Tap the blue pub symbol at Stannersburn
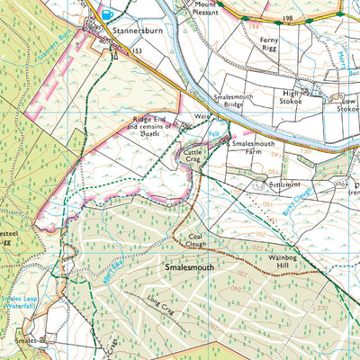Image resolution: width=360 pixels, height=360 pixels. click(109, 14)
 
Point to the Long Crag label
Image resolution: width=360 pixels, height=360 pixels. click(161, 310)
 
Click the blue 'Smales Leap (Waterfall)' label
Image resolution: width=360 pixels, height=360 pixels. click(16, 301)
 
